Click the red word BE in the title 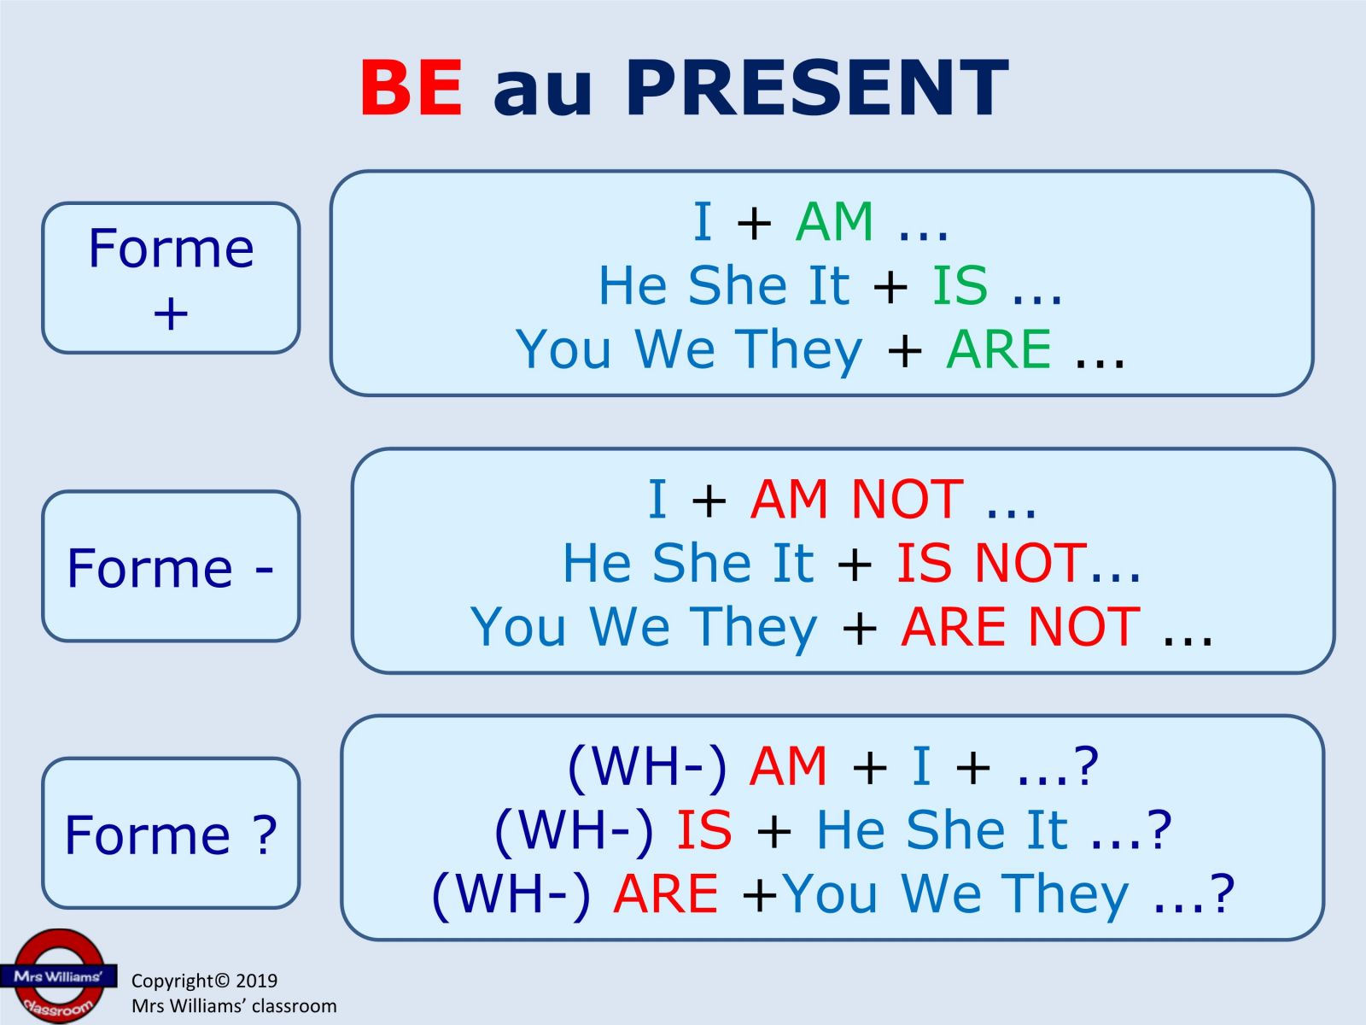(411, 87)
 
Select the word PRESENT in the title (816, 87)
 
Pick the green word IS (960, 285)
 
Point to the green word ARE (999, 348)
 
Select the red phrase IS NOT (991, 563)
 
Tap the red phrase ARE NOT (1020, 626)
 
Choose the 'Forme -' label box (171, 565)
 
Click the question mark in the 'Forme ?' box (266, 835)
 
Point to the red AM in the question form (788, 766)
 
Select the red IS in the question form (704, 829)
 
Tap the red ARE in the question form (665, 893)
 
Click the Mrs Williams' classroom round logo (59, 975)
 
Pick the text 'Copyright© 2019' (204, 981)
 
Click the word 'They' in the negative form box (754, 627)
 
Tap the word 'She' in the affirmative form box (738, 285)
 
